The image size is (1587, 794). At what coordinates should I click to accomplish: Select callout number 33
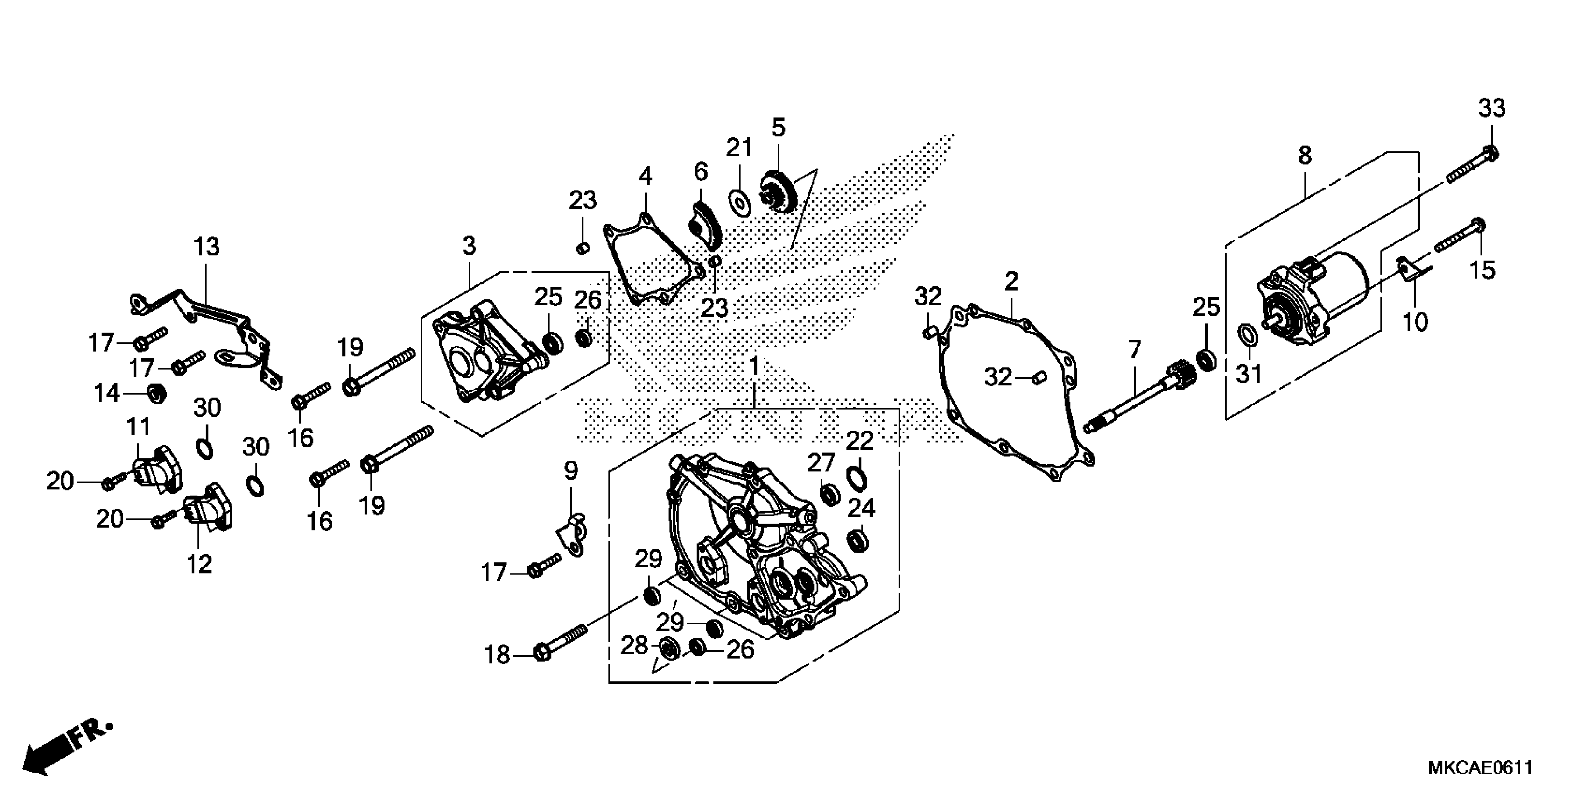click(1491, 108)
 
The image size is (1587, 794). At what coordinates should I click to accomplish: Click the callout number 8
click(1305, 156)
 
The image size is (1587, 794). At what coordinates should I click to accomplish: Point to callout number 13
click(206, 247)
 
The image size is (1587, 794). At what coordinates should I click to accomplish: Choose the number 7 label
click(1134, 350)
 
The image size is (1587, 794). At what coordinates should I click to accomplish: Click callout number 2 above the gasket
click(1011, 282)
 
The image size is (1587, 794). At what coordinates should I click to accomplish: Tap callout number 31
click(1249, 374)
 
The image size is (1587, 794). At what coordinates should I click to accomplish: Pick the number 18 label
click(497, 655)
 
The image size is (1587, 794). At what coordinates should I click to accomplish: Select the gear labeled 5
click(779, 191)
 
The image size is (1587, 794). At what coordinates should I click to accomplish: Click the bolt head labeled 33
click(1490, 152)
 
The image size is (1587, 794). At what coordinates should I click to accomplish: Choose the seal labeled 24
click(857, 540)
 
